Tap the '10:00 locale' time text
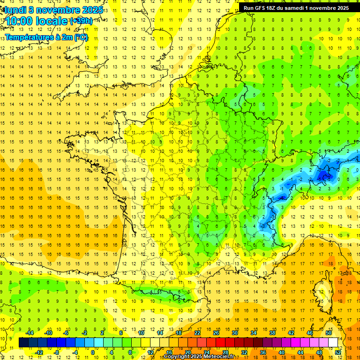click(x=37, y=21)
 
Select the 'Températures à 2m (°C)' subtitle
click(x=46, y=37)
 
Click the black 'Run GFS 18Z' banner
click(x=296, y=8)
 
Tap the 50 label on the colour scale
click(x=328, y=332)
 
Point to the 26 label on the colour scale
click(x=216, y=332)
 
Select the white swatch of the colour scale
click(x=333, y=343)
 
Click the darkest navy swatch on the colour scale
click(x=24, y=343)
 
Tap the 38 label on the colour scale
click(x=272, y=332)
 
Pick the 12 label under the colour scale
click(x=150, y=352)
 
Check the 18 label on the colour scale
click(x=179, y=332)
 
